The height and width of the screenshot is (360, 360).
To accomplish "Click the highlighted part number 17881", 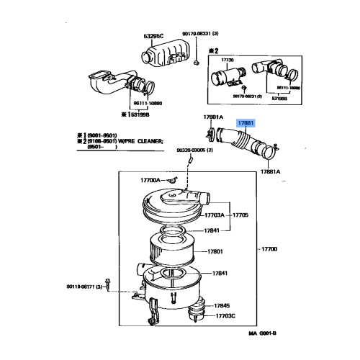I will pyautogui.click(x=247, y=124).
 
